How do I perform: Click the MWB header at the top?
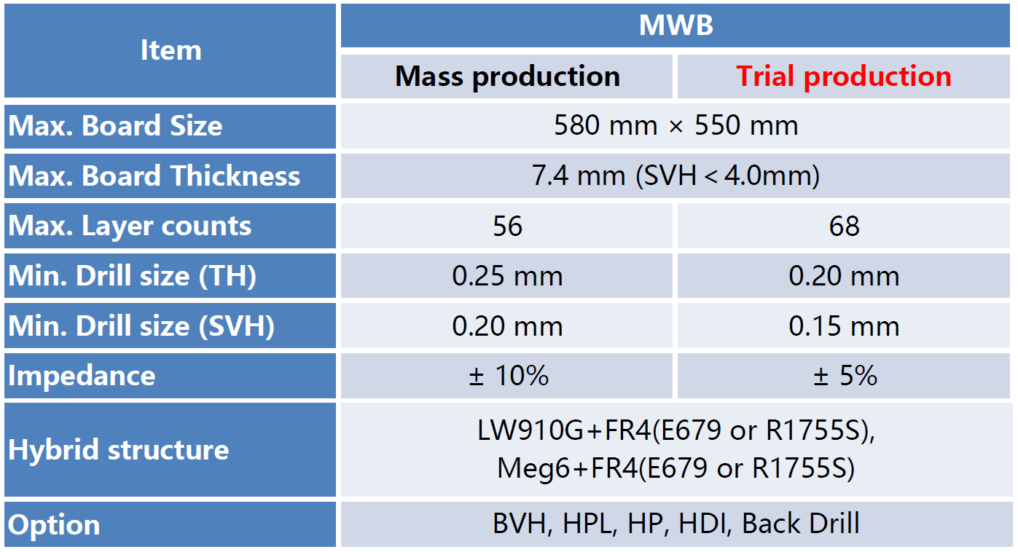676,25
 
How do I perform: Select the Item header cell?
171,50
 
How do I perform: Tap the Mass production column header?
507,76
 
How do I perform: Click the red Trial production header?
844,76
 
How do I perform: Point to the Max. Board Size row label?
115,126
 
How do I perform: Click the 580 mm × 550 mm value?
676,125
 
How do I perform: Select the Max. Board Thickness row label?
154,176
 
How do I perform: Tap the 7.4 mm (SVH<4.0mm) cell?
676,176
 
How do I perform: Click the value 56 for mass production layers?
508,226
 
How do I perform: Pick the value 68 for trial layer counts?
844,226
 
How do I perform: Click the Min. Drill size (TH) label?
132,276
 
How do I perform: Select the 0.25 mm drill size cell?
507,276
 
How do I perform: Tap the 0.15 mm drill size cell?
844,326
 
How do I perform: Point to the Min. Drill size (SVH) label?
141,326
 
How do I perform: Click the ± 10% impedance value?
509,376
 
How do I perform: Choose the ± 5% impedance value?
845,376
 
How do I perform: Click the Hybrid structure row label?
119,450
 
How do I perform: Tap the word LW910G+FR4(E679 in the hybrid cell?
600,430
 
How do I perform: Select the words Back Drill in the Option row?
800,524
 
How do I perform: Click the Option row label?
54,526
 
